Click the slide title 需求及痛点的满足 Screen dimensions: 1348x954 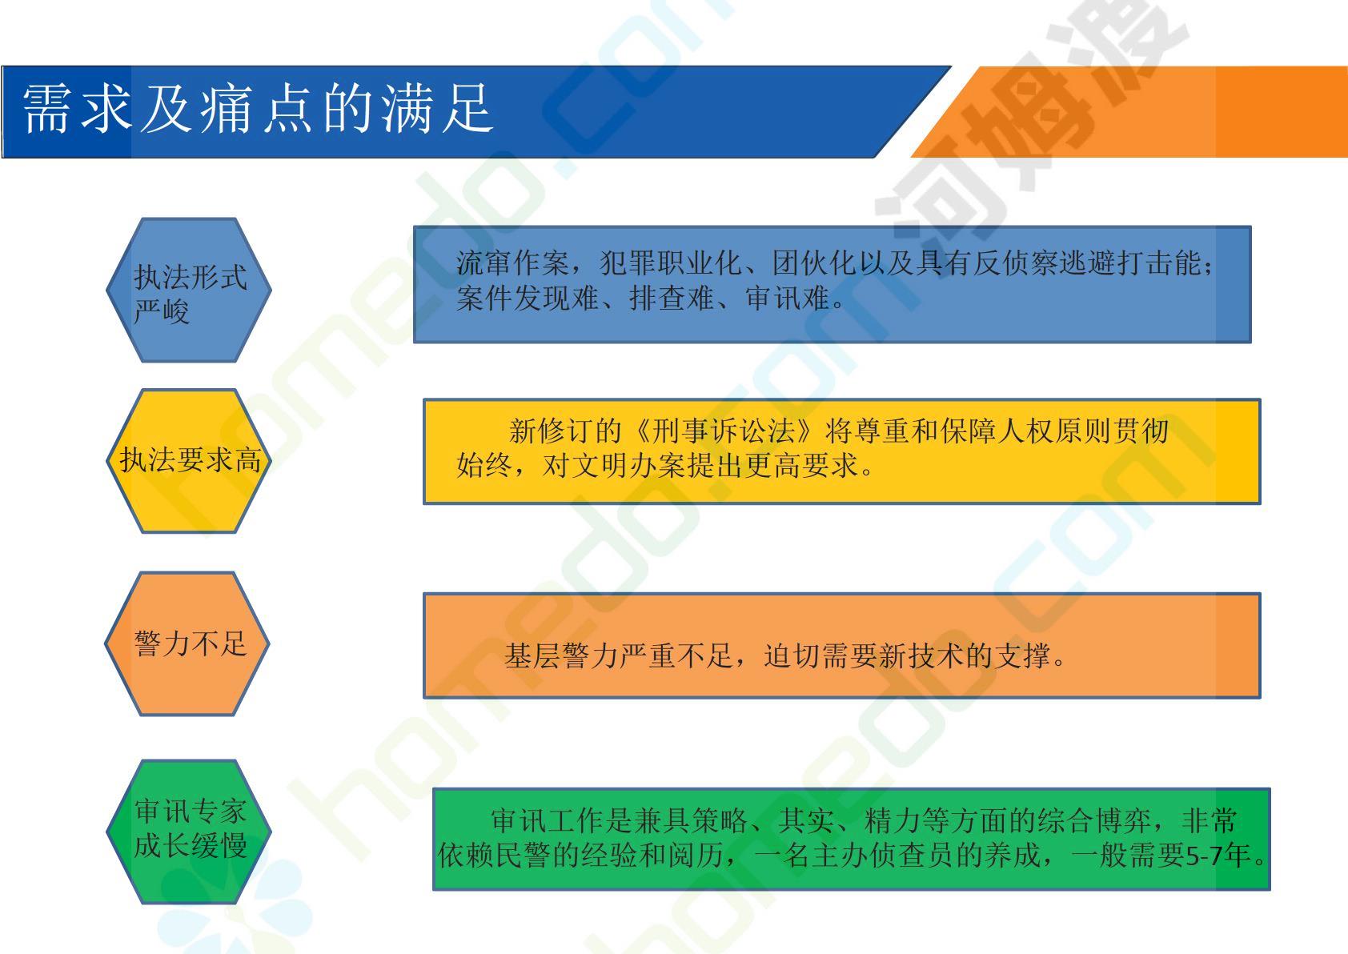tap(259, 109)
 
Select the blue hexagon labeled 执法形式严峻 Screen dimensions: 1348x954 tap(189, 290)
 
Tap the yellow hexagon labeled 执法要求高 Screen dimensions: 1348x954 tap(189, 461)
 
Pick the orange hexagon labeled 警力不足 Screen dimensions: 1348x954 tap(188, 643)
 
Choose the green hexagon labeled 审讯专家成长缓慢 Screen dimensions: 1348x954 tap(189, 832)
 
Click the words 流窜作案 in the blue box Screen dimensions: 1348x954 tap(512, 263)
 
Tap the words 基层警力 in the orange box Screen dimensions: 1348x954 tap(561, 655)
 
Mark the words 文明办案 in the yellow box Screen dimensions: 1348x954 tap(629, 465)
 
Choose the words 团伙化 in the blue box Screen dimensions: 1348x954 tap(815, 263)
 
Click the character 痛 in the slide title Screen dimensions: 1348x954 tap(227, 109)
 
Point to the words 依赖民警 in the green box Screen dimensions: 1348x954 tap(494, 856)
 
